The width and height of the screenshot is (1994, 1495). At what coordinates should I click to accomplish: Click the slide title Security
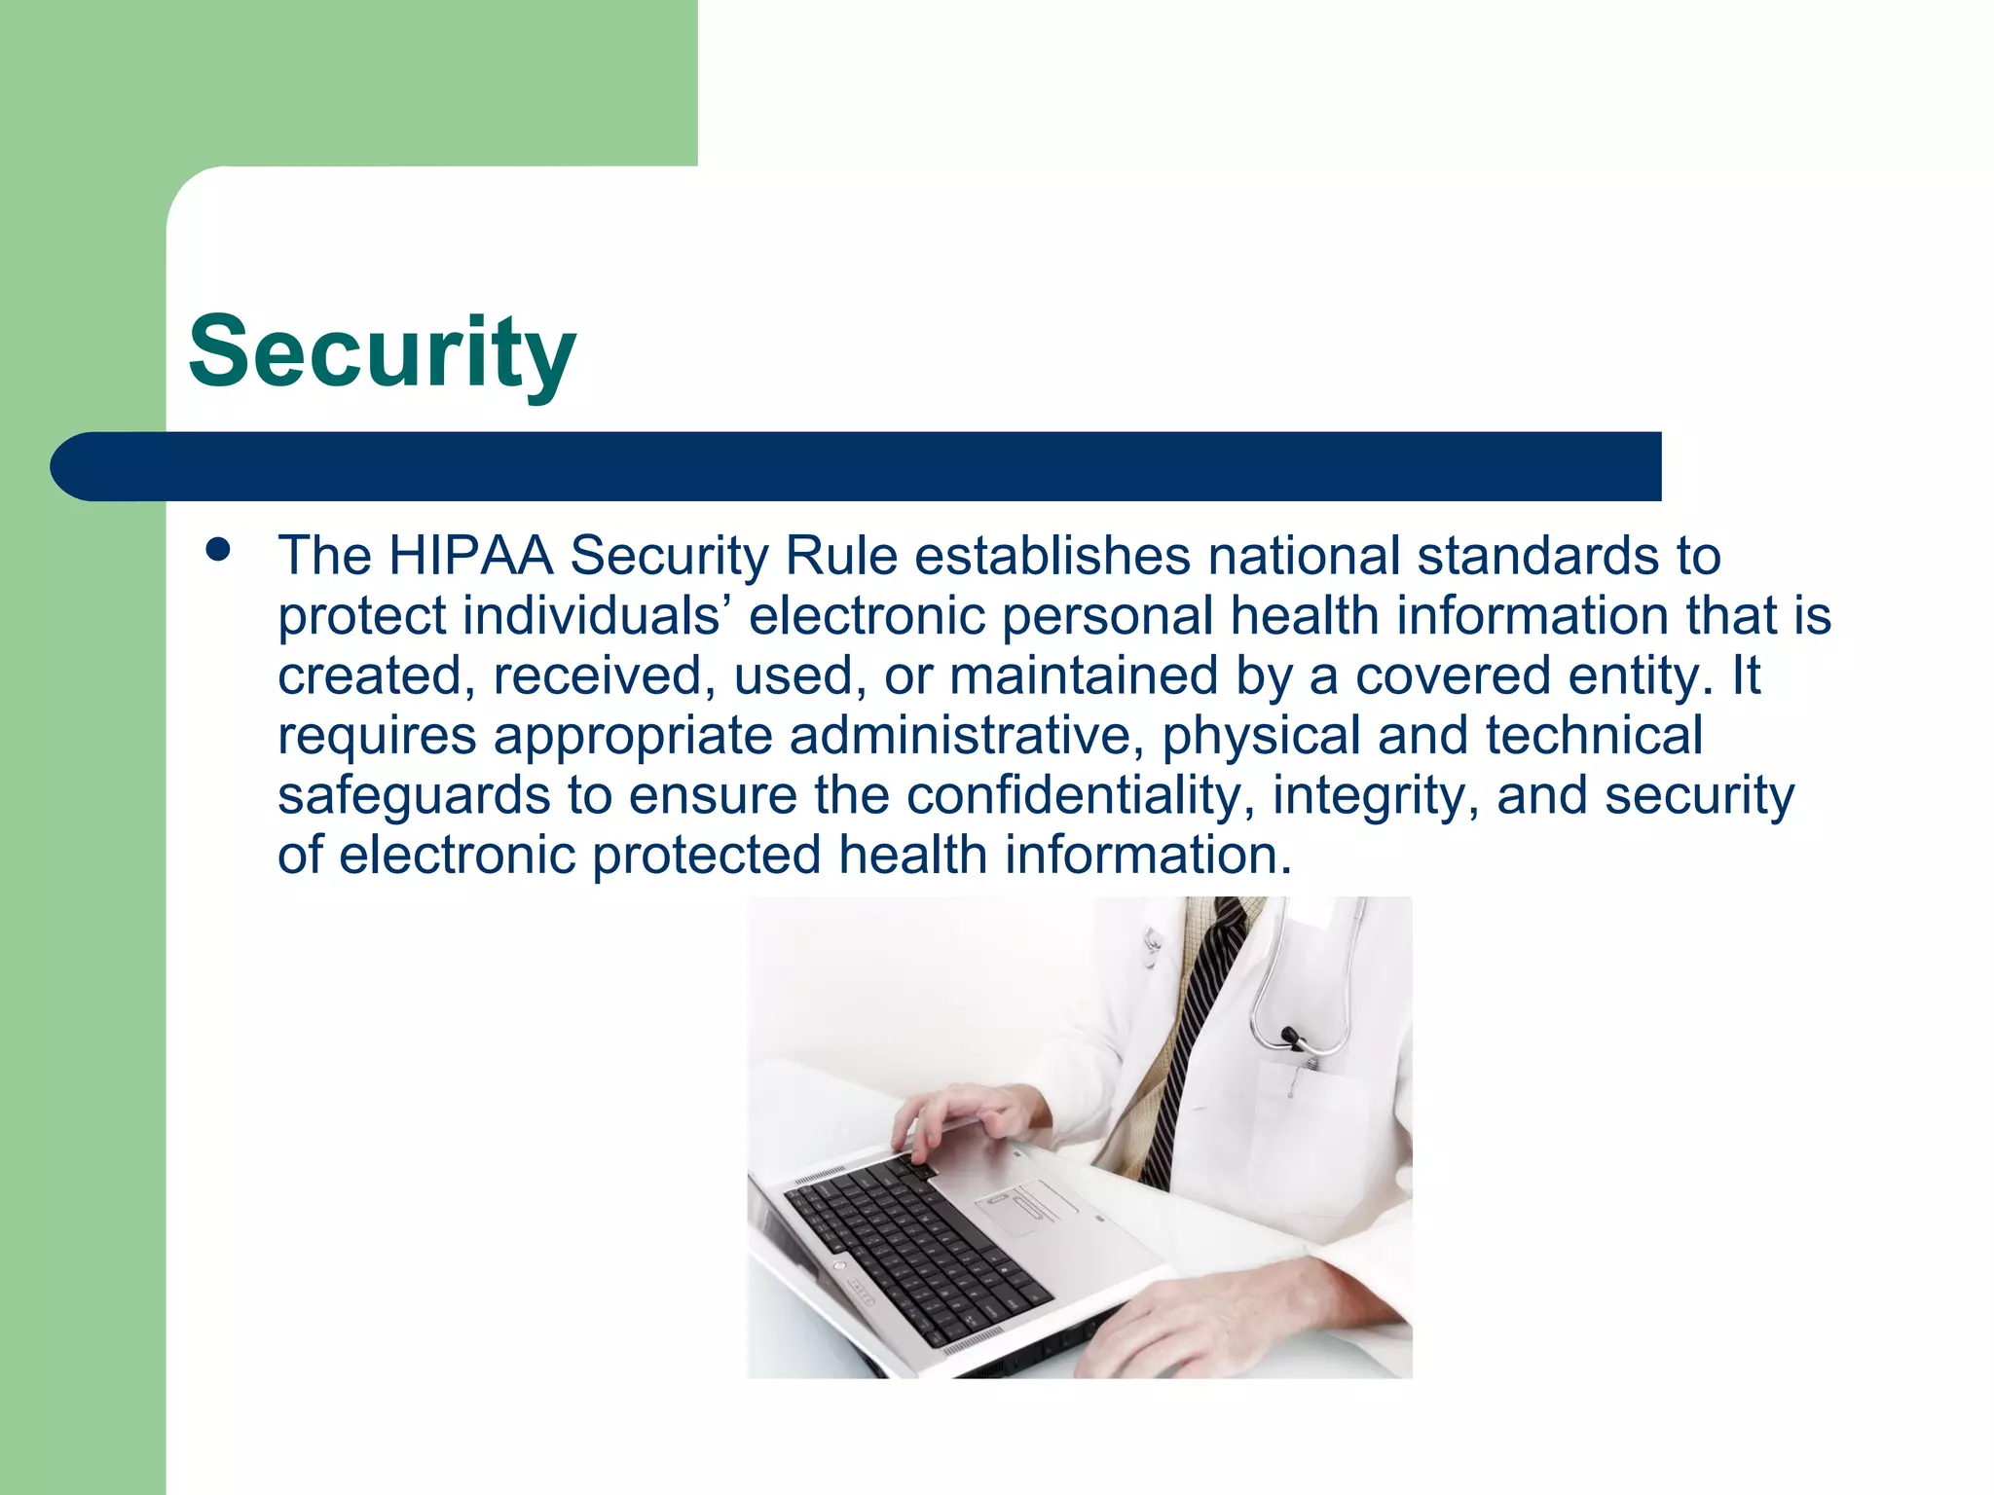point(382,352)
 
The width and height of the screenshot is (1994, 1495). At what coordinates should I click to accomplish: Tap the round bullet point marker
point(218,550)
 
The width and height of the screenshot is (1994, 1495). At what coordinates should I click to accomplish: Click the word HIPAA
point(470,557)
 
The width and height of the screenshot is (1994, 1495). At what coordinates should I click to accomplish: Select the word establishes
point(1052,557)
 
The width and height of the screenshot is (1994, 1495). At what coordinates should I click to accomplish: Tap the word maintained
point(1083,676)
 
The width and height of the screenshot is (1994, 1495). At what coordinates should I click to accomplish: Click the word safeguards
point(414,796)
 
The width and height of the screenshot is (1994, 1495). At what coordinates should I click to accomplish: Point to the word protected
point(707,856)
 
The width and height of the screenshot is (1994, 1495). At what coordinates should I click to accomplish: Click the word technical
point(1594,736)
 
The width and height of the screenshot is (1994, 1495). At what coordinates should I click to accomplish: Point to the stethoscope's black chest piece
point(1293,1038)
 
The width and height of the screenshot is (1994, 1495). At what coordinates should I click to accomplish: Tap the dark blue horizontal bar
point(857,466)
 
